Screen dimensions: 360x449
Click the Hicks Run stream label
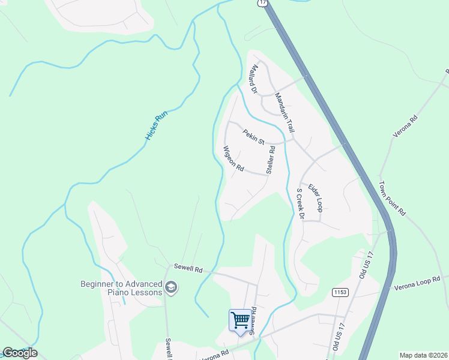(x=155, y=125)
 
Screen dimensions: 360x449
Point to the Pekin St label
(x=254, y=137)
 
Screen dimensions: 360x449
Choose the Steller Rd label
(x=271, y=159)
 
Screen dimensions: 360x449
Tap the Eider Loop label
(x=316, y=198)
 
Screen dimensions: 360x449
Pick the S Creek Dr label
(x=301, y=204)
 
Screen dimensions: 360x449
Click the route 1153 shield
(x=339, y=291)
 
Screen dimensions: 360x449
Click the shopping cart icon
(x=240, y=319)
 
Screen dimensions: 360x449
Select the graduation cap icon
(x=171, y=288)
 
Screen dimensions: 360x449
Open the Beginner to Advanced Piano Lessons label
(x=122, y=288)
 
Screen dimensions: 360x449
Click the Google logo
(x=20, y=353)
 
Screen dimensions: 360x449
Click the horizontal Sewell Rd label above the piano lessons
(x=188, y=268)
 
